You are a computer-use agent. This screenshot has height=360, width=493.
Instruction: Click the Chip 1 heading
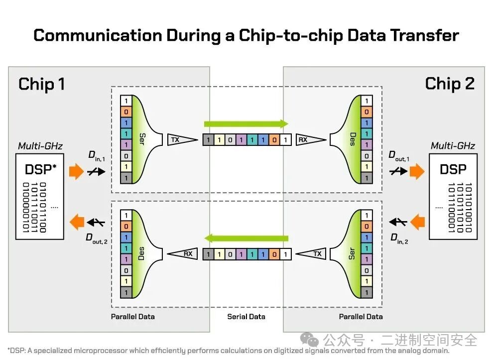click(42, 84)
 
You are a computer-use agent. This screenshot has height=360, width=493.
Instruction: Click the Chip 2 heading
click(450, 84)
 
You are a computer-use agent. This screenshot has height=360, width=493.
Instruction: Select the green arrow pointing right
click(246, 124)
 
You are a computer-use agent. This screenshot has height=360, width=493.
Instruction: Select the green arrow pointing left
click(247, 238)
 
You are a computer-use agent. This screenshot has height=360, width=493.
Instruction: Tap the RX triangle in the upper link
click(306, 140)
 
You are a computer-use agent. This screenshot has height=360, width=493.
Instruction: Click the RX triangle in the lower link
click(185, 254)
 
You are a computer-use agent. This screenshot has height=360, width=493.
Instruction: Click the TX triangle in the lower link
click(314, 254)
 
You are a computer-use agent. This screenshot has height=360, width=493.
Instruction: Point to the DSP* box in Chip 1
click(39, 197)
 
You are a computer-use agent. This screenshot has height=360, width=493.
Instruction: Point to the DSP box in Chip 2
click(453, 196)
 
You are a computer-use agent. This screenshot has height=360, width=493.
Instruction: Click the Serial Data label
click(246, 317)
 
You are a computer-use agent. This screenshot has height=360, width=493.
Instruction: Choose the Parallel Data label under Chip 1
click(132, 317)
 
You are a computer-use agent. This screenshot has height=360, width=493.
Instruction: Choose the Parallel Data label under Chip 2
click(361, 317)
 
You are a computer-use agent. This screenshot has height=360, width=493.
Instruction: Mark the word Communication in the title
click(97, 35)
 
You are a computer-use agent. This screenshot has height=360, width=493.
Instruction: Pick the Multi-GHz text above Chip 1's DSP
click(39, 146)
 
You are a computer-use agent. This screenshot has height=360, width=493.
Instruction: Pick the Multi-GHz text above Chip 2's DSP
click(453, 146)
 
